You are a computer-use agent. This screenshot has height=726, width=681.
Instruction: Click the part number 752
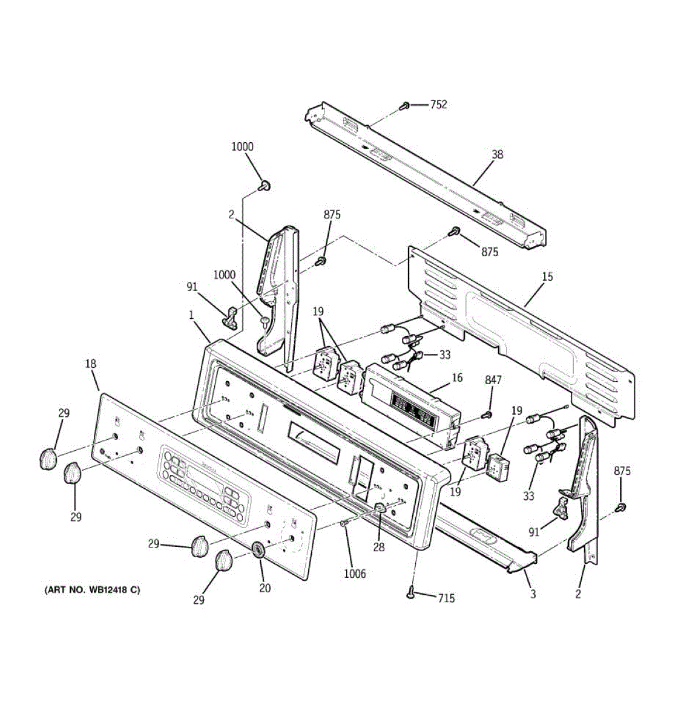[x=438, y=105]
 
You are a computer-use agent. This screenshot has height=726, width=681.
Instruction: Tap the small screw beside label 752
[x=404, y=106]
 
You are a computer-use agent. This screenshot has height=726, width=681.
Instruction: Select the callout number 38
[x=497, y=154]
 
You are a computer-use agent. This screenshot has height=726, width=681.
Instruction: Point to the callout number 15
[x=547, y=276]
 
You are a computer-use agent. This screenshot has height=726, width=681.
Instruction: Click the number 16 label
[x=457, y=378]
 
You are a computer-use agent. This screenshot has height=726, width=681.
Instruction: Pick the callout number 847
[x=493, y=380]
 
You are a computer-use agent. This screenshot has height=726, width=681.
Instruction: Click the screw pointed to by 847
[x=485, y=415]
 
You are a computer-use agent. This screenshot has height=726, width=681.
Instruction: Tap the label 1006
[x=355, y=574]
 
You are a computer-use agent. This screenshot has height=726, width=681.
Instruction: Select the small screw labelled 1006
[x=343, y=523]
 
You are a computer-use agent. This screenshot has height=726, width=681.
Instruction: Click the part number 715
[x=446, y=598]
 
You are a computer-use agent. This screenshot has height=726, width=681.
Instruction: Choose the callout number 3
[x=533, y=594]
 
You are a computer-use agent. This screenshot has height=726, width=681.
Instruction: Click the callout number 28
[x=379, y=548]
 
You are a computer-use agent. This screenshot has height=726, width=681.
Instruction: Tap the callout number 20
[x=265, y=587]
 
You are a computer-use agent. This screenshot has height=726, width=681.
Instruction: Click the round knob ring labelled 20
[x=258, y=550]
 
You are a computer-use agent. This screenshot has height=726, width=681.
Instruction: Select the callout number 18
[x=90, y=364]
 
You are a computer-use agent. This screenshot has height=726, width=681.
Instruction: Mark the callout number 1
[x=191, y=315]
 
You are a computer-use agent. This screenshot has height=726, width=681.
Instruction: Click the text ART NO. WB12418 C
[x=92, y=589]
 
